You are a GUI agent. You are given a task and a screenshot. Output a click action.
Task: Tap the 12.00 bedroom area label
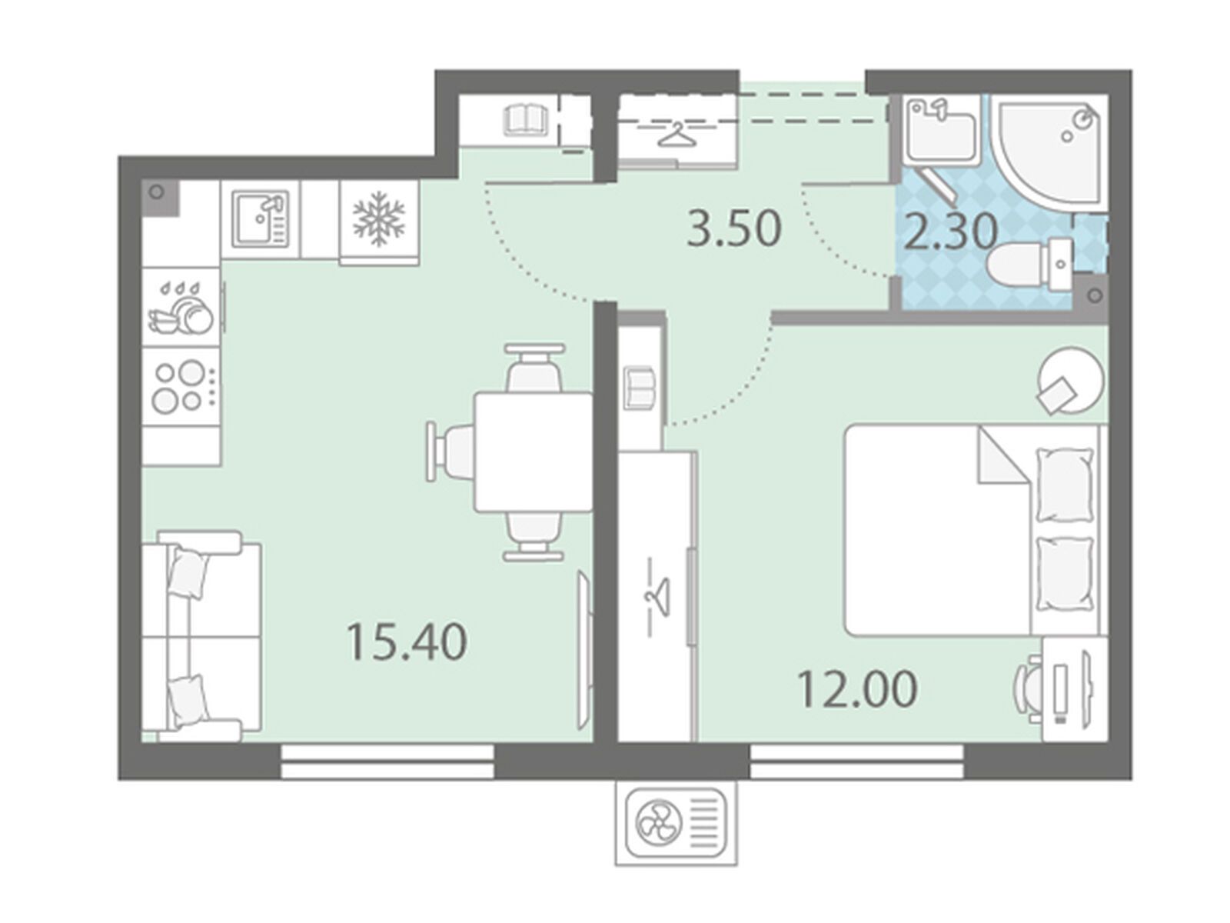point(857,688)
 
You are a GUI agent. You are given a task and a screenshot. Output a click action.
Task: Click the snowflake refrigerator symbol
point(379,218)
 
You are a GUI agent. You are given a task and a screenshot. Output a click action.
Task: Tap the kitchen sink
point(261,218)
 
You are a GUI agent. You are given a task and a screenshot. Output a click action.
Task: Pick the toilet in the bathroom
point(1031,261)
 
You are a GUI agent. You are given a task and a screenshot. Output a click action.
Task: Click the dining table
point(533,452)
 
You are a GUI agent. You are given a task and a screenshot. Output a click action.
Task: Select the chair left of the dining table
point(450,452)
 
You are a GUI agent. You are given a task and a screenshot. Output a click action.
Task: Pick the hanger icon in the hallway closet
point(680,135)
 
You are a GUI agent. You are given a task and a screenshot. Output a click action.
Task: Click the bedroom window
point(857,761)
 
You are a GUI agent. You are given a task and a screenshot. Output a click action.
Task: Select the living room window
point(387,761)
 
